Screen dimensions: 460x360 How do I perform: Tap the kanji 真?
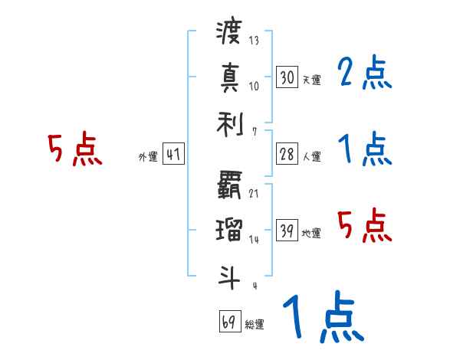click(x=229, y=77)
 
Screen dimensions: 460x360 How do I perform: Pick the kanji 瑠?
click(x=229, y=229)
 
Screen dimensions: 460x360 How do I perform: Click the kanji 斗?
click(x=229, y=275)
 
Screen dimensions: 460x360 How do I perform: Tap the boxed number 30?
click(x=287, y=77)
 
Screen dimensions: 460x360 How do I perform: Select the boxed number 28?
click(x=287, y=154)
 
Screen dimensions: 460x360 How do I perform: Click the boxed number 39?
click(x=287, y=231)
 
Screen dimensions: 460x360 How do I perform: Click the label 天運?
click(x=311, y=80)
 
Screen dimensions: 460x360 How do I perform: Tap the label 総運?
click(x=255, y=323)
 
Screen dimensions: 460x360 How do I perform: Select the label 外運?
click(x=147, y=156)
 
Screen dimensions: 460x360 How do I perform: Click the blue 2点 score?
click(x=364, y=75)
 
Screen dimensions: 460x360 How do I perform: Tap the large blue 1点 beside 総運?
click(x=322, y=318)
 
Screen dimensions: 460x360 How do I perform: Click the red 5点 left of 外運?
click(x=74, y=150)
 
